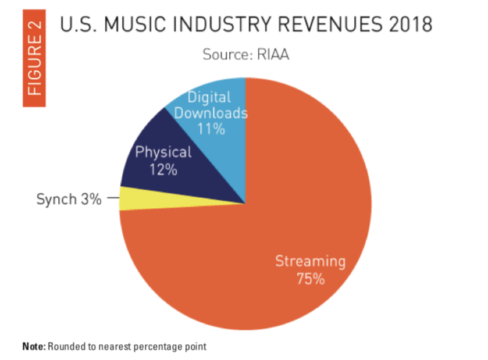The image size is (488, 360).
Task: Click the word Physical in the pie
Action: point(163,153)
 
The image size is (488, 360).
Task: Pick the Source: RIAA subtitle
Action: point(245,55)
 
